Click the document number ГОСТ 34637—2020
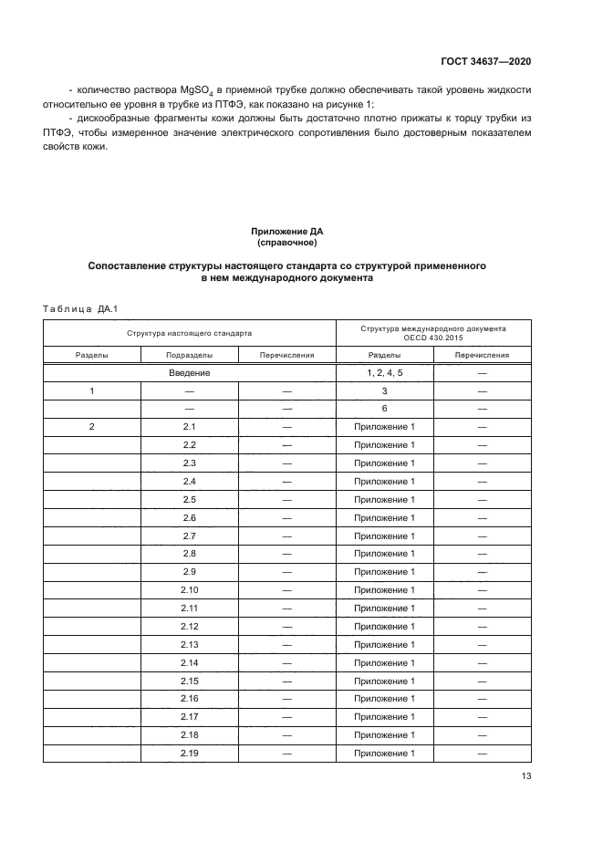(x=482, y=61)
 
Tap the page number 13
(x=525, y=776)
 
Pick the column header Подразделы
(x=190, y=356)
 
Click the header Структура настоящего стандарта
(x=190, y=334)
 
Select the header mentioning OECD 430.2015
(x=433, y=334)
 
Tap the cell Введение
(x=190, y=373)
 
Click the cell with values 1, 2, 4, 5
(x=385, y=373)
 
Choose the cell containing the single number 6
(x=385, y=409)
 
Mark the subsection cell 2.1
(x=190, y=427)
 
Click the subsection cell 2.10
(x=190, y=590)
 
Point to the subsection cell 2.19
(x=190, y=754)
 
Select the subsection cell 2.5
(x=190, y=500)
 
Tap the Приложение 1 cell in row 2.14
(x=385, y=663)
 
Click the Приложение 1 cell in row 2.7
(x=385, y=536)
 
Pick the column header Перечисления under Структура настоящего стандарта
(x=286, y=356)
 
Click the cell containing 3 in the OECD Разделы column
(x=385, y=390)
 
